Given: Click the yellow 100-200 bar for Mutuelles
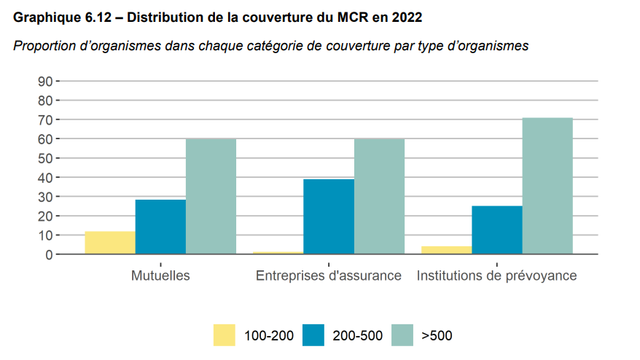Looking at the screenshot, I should (x=110, y=243).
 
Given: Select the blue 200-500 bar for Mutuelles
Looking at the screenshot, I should (x=160, y=227).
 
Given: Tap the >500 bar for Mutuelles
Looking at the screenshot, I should (x=211, y=197).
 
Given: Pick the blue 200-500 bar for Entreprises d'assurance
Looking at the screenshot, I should (x=329, y=217).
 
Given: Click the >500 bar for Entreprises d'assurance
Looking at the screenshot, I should (x=379, y=197).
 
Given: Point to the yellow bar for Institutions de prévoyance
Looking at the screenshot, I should (x=447, y=251).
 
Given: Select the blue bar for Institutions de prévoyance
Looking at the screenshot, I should (x=497, y=230).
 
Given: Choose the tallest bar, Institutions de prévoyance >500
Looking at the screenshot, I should (x=547, y=187).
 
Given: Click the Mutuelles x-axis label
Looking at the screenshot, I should (x=160, y=276).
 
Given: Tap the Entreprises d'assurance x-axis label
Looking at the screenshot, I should (x=329, y=276).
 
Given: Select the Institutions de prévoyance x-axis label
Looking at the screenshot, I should (x=496, y=276).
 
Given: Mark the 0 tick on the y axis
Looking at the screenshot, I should (x=47, y=255).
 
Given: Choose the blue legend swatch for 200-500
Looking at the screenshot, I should (x=314, y=335).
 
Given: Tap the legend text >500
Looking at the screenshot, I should (x=437, y=336).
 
